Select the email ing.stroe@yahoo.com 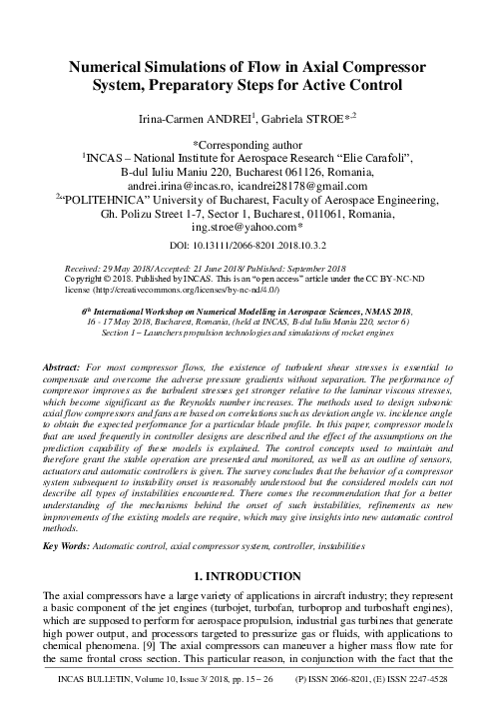click(x=247, y=227)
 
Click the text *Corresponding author click(x=247, y=143)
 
